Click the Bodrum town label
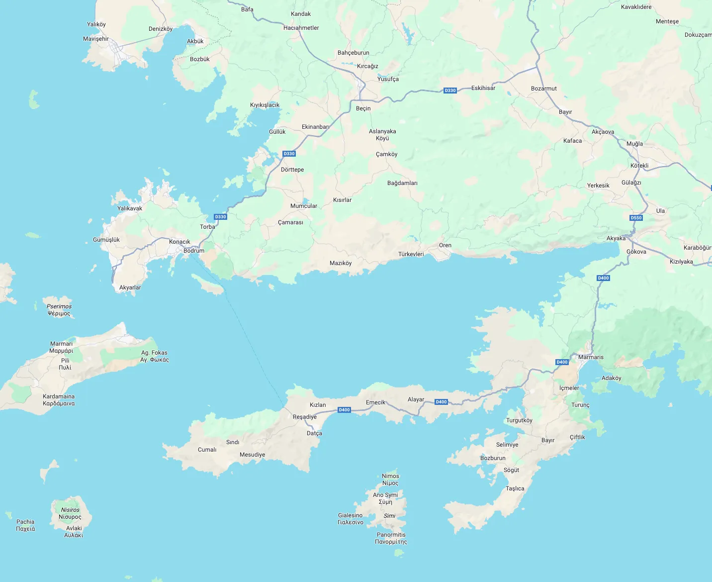[x=193, y=251]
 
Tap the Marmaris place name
[x=591, y=357]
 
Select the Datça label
[x=314, y=433]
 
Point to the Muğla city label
[x=634, y=144]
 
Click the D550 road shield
[x=636, y=218]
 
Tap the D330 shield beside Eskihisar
[x=450, y=91]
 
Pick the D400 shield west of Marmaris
[x=562, y=362]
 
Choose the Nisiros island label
[x=70, y=510]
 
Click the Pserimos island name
[x=59, y=306]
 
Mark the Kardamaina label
[x=59, y=396]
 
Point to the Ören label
[x=445, y=245]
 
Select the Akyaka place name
[x=616, y=238]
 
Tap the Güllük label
[x=277, y=132]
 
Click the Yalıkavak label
[x=130, y=208]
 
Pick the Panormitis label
[x=391, y=535]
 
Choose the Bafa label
[x=247, y=9]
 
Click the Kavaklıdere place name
[x=636, y=7]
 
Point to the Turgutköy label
[x=519, y=420]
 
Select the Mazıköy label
[x=341, y=263]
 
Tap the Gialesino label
[x=350, y=515]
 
